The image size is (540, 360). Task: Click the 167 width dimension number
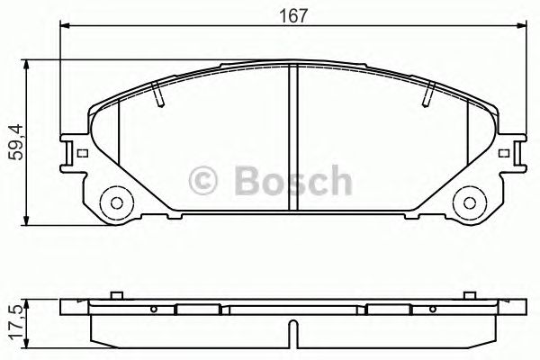289,15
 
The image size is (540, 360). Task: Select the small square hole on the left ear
84,154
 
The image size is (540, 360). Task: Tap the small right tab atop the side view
470,293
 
